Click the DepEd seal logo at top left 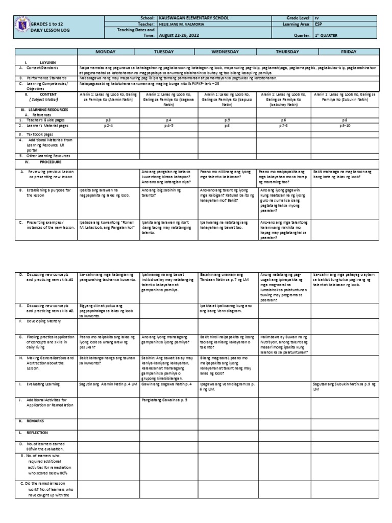pyautogui.click(x=21, y=26)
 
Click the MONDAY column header pyautogui.click(x=108, y=52)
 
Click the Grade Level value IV pyautogui.click(x=316, y=18)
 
